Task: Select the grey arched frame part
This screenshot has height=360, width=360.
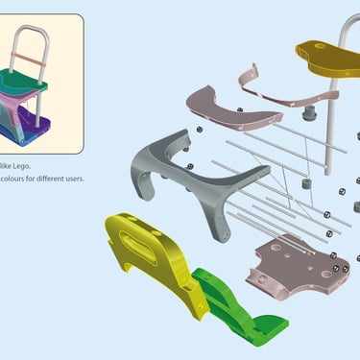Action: click(192, 180)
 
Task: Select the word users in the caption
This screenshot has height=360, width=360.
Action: click(75, 179)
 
